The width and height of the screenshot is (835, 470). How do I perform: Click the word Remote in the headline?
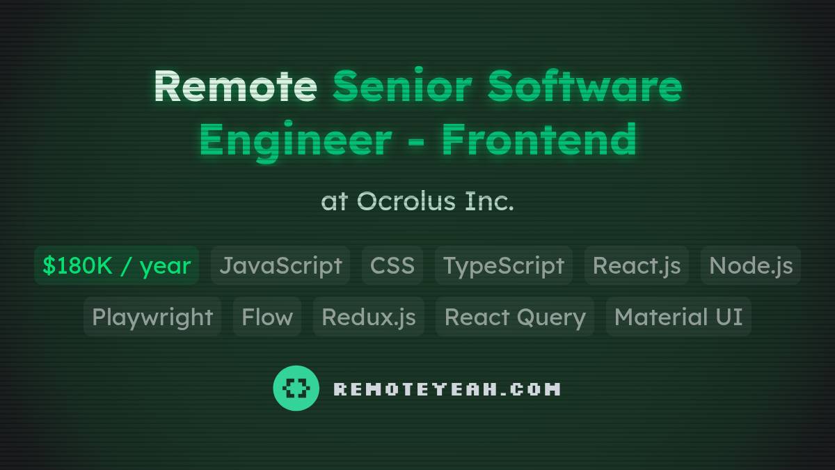(x=235, y=86)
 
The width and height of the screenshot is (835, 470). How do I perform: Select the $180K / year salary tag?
(x=116, y=265)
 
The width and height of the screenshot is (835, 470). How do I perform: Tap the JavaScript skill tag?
(x=280, y=265)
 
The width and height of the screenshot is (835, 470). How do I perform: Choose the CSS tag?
(x=392, y=265)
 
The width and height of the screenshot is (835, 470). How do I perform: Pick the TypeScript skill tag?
(x=504, y=265)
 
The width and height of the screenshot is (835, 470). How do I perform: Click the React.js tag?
(x=637, y=265)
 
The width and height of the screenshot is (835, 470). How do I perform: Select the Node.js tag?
(x=751, y=265)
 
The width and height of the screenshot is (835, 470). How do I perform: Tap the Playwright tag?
(x=152, y=317)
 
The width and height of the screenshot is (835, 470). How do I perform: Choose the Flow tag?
(x=267, y=317)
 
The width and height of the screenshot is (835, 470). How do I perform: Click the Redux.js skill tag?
(x=369, y=317)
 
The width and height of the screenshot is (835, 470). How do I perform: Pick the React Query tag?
(x=515, y=317)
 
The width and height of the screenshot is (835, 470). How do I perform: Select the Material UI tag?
(x=678, y=317)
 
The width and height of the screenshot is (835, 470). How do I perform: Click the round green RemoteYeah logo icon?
(x=296, y=389)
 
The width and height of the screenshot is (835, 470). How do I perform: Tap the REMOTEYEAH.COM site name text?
(x=447, y=389)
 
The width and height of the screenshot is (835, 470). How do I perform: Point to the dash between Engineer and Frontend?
(x=416, y=141)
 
